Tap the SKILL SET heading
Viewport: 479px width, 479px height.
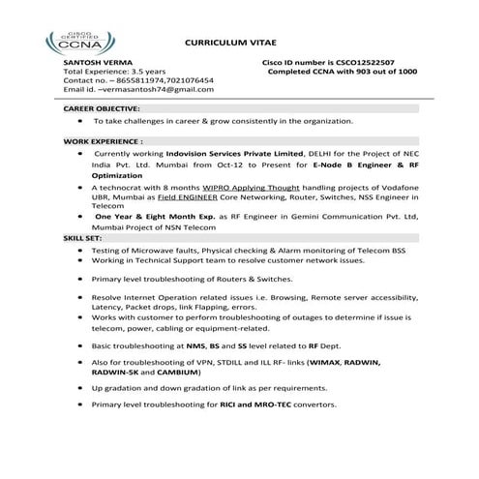tap(78, 236)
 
